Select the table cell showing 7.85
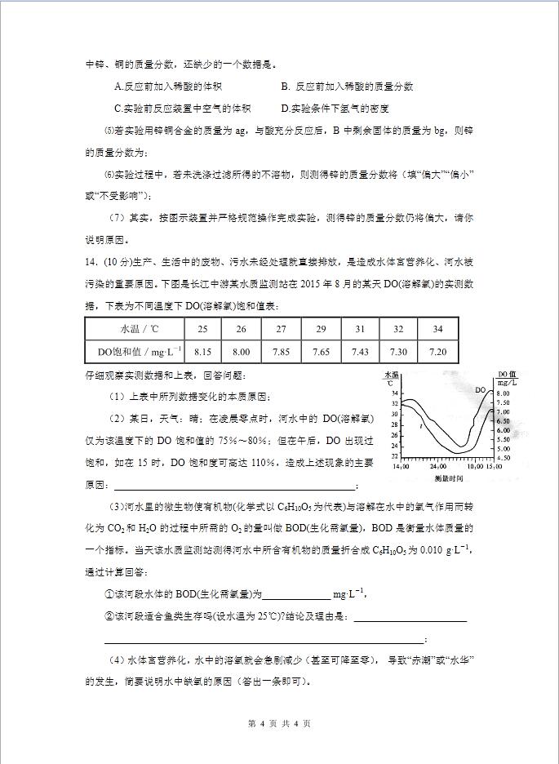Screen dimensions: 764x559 point(281,352)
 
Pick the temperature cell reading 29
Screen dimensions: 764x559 point(320,327)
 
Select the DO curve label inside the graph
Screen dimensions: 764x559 point(481,391)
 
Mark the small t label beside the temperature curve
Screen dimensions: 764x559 point(420,427)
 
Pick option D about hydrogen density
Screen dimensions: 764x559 point(335,108)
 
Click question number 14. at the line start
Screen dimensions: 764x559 point(91,262)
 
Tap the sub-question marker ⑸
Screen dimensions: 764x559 point(111,130)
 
